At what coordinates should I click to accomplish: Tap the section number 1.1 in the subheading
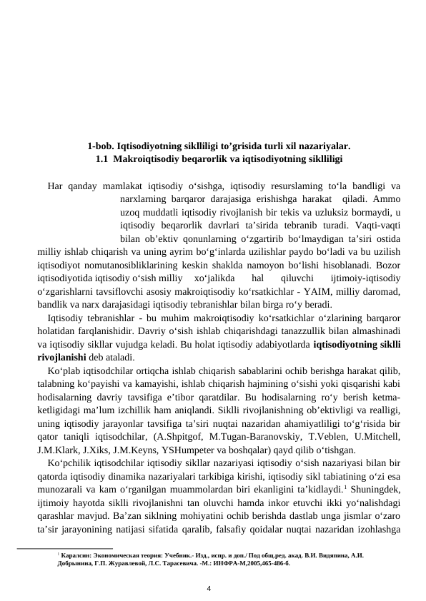[101, 158]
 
